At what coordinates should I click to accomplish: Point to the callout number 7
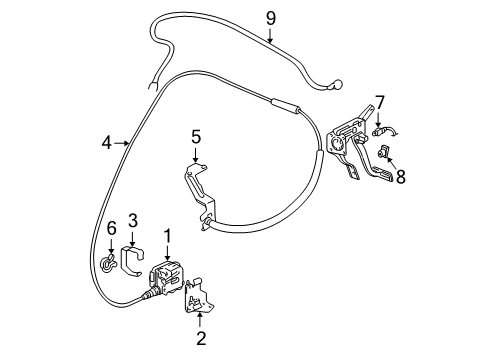[x=378, y=102]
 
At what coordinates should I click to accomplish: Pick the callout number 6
[x=111, y=229]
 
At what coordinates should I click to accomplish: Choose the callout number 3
[x=131, y=228]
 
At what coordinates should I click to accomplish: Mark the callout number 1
[x=168, y=236]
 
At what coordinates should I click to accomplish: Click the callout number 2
[x=201, y=338]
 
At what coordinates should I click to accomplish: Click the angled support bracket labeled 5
[x=203, y=195]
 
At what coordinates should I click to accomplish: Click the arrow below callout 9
[x=270, y=38]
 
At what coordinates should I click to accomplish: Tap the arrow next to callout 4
[x=125, y=144]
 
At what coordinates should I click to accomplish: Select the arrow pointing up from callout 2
[x=201, y=318]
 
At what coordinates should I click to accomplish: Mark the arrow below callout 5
[x=197, y=156]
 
